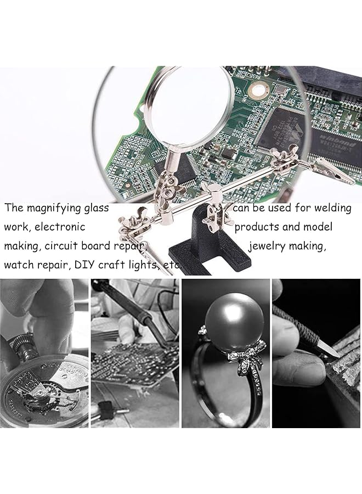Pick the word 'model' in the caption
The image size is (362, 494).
click(316, 227)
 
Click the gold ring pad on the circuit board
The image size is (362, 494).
click(256, 88)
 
